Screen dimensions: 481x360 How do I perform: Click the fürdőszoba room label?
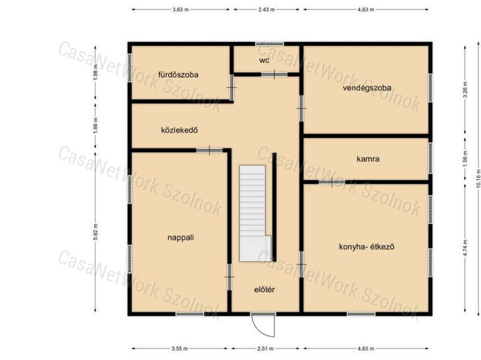178,75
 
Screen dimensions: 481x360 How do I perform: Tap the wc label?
264,61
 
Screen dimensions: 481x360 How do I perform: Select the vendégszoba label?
367,88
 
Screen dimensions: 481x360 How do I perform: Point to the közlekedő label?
179,130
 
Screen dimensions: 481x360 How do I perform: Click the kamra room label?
368,159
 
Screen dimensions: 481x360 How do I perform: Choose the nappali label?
181,237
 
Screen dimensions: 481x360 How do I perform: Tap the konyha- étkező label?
366,246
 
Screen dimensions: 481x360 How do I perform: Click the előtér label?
264,290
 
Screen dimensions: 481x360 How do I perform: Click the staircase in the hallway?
255,214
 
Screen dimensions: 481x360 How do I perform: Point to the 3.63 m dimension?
180,9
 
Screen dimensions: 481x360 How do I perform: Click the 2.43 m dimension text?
266,9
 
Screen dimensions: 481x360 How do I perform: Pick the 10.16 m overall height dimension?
478,178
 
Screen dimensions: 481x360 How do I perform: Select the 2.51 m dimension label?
265,349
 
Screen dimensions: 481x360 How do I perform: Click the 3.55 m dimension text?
179,349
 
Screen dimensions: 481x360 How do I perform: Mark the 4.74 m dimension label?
465,248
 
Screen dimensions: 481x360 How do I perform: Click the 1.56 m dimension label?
465,159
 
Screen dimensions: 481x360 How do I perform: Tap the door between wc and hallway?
274,74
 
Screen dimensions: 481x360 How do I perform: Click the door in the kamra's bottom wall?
332,182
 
